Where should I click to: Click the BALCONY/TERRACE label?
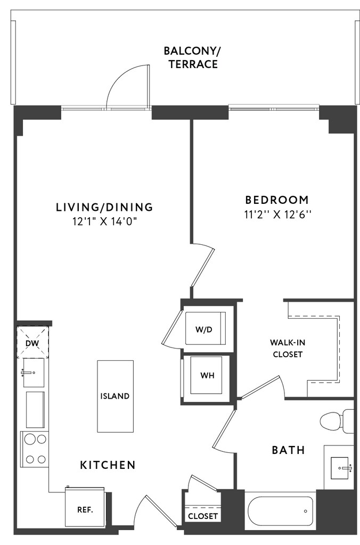tap(192, 57)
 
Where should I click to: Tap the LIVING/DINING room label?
tap(105, 207)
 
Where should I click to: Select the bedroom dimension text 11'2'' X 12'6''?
tap(277, 214)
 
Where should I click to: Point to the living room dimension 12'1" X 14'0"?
tap(104, 221)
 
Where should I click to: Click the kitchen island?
tap(115, 396)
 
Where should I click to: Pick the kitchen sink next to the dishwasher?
tap(34, 373)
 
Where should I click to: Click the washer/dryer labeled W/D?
tap(205, 328)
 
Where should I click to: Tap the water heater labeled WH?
tap(207, 375)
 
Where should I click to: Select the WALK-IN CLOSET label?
tap(288, 348)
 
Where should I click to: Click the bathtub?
tap(280, 510)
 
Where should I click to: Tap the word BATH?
tap(288, 450)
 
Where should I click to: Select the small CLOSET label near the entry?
tap(203, 516)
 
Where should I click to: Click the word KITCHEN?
tap(108, 465)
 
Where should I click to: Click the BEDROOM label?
tap(277, 200)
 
